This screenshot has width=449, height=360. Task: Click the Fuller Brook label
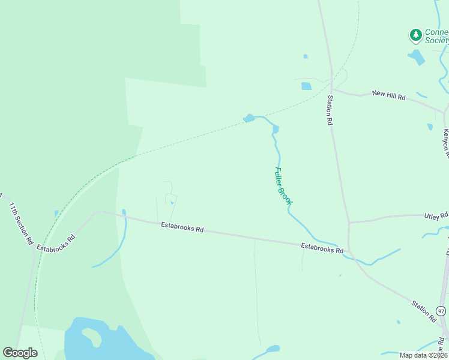(283, 186)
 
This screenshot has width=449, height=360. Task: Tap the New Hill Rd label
(389, 94)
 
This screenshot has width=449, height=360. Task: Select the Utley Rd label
(436, 215)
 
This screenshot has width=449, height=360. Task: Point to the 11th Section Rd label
(20, 223)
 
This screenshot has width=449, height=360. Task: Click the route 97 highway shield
(441, 311)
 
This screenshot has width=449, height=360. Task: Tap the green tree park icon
(415, 35)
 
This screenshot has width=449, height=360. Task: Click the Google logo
(20, 352)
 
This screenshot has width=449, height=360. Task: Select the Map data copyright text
(423, 355)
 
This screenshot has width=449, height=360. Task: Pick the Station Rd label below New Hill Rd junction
(330, 109)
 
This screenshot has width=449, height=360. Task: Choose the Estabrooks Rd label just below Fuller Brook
(322, 247)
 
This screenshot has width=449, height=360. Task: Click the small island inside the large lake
(91, 335)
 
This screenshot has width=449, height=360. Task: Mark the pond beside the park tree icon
(416, 58)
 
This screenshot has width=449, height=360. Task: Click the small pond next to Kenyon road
(430, 127)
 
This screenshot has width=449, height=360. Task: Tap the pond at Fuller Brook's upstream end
(249, 118)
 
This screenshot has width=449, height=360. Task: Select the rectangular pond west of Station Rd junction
(306, 86)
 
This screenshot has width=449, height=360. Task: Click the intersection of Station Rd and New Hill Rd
(333, 91)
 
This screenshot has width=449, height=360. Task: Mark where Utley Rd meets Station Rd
(349, 223)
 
